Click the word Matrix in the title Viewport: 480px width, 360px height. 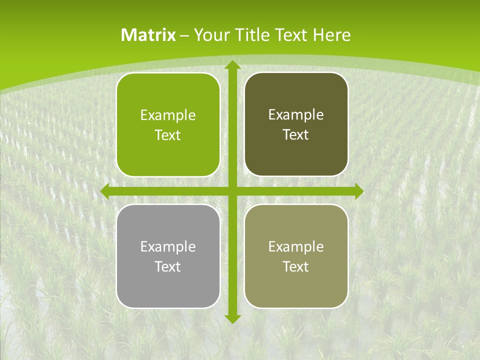(148, 35)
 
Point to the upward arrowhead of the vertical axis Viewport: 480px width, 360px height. (232, 65)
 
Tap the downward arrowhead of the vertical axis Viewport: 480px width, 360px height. (232, 318)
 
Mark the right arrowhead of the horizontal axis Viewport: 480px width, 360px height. (359, 191)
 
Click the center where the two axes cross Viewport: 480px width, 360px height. (232, 191)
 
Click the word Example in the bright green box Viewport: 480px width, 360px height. (168, 115)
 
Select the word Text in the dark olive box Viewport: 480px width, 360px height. (295, 135)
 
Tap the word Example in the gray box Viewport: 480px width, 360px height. (168, 247)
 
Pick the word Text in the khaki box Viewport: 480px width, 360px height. (295, 266)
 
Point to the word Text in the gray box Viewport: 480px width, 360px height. (167, 266)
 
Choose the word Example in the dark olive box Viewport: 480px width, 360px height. (296, 115)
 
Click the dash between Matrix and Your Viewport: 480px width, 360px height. (184, 35)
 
